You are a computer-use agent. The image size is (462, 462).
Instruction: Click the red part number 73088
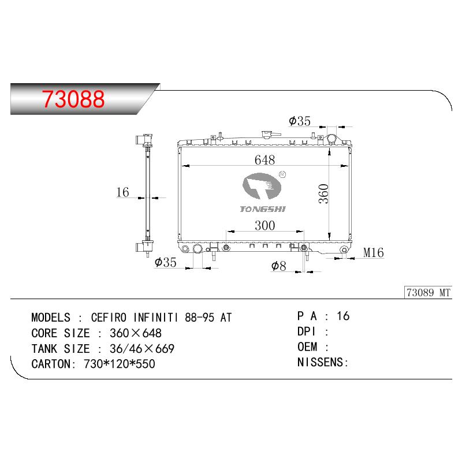click(x=73, y=99)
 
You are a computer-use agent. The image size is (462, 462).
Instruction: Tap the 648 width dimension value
click(x=264, y=160)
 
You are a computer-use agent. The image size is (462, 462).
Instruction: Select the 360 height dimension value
click(x=323, y=193)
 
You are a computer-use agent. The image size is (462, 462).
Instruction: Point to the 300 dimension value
click(x=265, y=225)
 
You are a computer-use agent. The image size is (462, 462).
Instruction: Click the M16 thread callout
click(x=373, y=252)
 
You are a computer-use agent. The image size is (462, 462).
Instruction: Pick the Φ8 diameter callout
click(x=278, y=266)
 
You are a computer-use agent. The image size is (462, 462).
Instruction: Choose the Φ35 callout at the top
click(x=300, y=121)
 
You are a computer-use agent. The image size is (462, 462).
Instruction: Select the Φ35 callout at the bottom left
click(x=165, y=262)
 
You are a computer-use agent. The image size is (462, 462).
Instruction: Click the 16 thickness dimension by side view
click(x=122, y=192)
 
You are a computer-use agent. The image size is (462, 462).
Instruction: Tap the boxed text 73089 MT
click(x=429, y=293)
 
